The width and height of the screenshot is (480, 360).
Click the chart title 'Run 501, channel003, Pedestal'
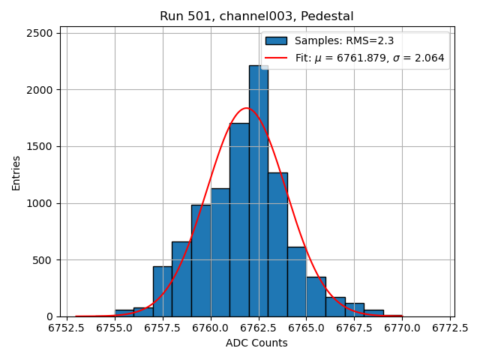(x=256, y=16)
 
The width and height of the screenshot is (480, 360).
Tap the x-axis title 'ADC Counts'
(x=256, y=343)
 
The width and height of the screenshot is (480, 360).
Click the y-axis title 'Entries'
(x=16, y=172)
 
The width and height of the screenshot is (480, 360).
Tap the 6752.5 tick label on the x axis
(x=67, y=328)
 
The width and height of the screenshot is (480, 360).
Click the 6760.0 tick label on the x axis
(x=211, y=328)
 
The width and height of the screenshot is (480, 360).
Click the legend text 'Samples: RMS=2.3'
(x=344, y=41)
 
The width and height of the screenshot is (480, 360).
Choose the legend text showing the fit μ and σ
(x=370, y=58)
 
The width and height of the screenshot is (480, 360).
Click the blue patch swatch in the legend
(x=276, y=41)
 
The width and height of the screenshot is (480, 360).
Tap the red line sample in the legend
(x=276, y=58)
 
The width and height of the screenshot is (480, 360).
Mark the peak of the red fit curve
(x=246, y=108)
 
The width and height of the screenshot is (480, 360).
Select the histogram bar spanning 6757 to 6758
(x=162, y=292)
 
